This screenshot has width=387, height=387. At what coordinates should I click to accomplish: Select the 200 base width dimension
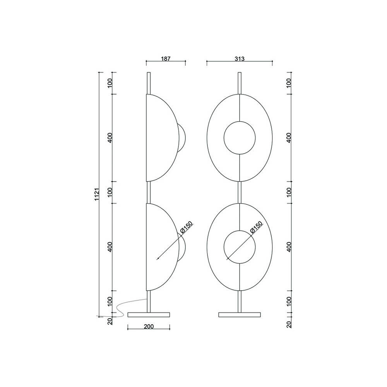(x=149, y=326)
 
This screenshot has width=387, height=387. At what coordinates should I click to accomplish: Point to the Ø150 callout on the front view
(x=256, y=228)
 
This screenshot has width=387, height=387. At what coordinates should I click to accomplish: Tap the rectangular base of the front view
(x=240, y=314)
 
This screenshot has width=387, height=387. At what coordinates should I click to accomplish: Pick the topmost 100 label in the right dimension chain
(x=288, y=82)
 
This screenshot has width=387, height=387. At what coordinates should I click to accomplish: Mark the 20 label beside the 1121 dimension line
(x=110, y=321)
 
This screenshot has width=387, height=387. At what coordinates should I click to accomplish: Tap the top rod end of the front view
(x=240, y=74)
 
